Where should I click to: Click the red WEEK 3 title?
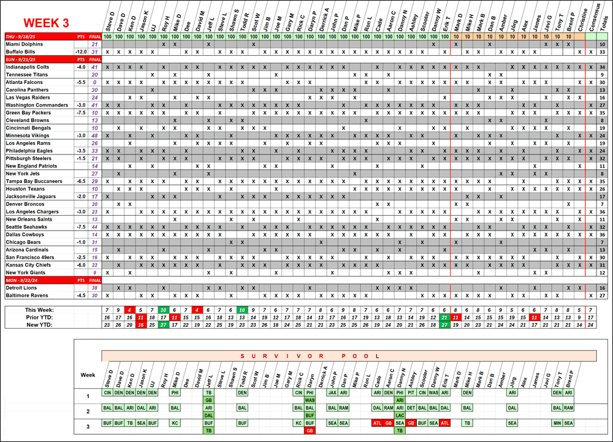coord(46,23)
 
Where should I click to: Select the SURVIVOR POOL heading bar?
coord(348,356)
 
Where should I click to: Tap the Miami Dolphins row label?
coord(25,45)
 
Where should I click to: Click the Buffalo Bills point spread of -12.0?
coord(80,52)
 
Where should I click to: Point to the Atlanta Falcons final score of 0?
coord(94,82)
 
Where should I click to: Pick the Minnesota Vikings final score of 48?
coord(94,135)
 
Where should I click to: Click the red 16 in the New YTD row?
coord(140,324)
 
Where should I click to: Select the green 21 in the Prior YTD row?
coord(444,317)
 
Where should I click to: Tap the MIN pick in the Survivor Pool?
coord(557,423)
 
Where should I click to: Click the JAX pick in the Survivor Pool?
coord(332,392)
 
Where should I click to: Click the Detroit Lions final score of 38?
coord(94,288)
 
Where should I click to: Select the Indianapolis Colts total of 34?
coord(603,67)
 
